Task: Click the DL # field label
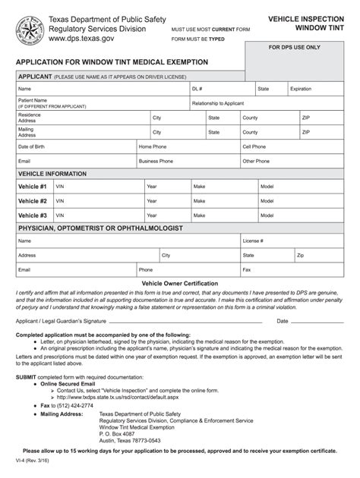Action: click(197, 89)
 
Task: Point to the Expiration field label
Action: click(301, 89)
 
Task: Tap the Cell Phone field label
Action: click(254, 146)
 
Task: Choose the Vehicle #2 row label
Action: click(33, 201)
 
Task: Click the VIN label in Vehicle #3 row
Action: click(60, 215)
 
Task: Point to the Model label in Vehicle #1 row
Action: click(267, 187)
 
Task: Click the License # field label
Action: click(253, 241)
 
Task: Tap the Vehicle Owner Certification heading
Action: click(179, 283)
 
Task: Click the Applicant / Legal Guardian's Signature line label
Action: click(61, 321)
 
